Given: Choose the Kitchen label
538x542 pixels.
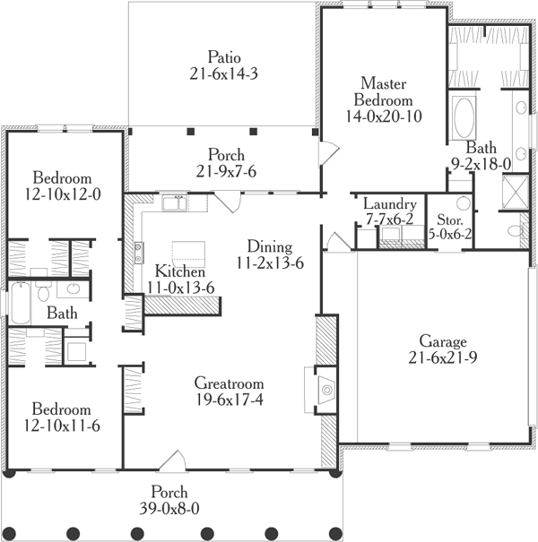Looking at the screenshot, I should click(x=180, y=271).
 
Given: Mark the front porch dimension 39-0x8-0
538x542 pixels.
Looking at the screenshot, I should click(x=169, y=509).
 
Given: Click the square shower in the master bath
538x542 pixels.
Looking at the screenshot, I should click(x=515, y=190).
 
